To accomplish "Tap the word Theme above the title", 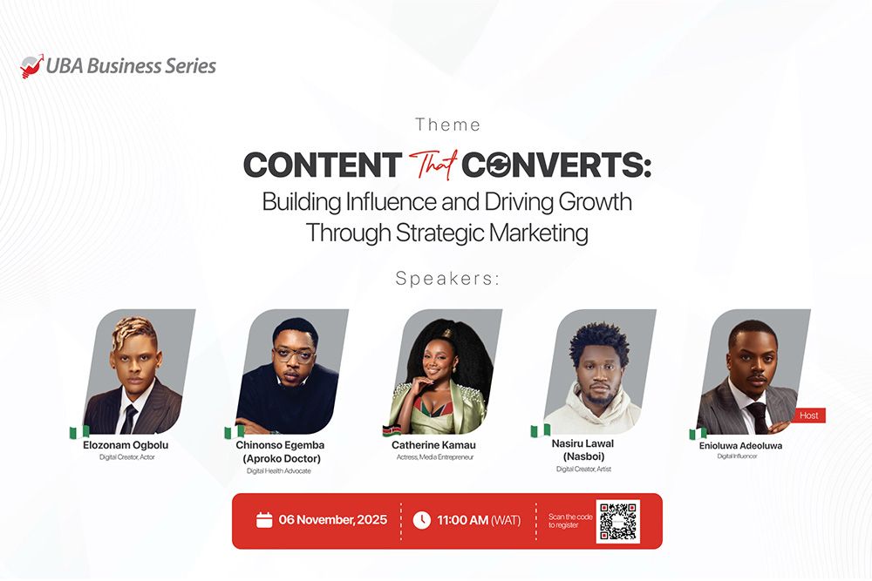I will [448, 125].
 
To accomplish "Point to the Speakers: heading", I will [448, 279].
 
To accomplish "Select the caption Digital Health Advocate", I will [278, 471].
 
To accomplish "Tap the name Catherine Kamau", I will [433, 445].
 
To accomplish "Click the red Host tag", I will [809, 415].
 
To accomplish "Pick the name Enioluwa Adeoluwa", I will [740, 445].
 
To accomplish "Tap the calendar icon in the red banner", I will [264, 520].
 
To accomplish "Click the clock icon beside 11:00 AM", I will [421, 520].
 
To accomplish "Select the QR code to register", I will [617, 521].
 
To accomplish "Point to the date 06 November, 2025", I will [332, 520].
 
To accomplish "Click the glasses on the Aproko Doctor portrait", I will [292, 357].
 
